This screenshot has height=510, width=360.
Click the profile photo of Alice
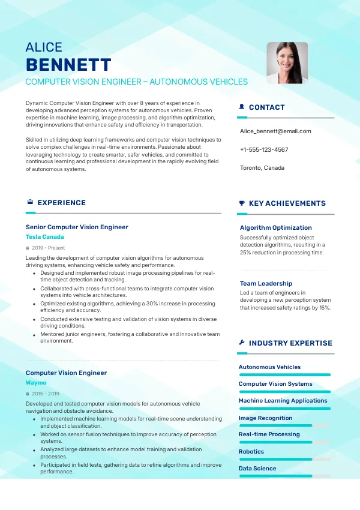pyautogui.click(x=287, y=62)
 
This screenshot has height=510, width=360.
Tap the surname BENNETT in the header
pyautogui.click(x=68, y=65)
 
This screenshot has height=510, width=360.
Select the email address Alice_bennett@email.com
pyautogui.click(x=275, y=131)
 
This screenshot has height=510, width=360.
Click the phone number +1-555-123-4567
pyautogui.click(x=264, y=149)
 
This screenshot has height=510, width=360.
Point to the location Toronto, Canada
pyautogui.click(x=262, y=167)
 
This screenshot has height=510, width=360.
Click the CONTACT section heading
pyautogui.click(x=266, y=107)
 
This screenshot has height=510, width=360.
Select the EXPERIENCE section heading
pyautogui.click(x=61, y=203)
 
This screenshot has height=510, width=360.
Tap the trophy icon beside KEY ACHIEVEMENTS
pyautogui.click(x=242, y=203)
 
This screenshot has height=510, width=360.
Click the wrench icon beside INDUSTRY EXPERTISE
pyautogui.click(x=242, y=343)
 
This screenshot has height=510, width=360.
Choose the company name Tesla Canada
pyautogui.click(x=45, y=237)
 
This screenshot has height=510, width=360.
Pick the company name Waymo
pyautogui.click(x=36, y=382)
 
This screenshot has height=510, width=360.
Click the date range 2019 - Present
pyautogui.click(x=48, y=248)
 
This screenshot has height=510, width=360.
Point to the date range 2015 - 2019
pyautogui.click(x=45, y=394)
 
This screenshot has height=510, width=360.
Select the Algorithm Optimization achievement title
pyautogui.click(x=276, y=228)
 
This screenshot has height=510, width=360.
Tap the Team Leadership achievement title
pyautogui.click(x=266, y=283)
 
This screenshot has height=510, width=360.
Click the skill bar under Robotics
pyautogui.click(x=284, y=459)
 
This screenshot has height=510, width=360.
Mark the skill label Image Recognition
pyautogui.click(x=265, y=418)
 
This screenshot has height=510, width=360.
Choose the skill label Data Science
pyautogui.click(x=257, y=469)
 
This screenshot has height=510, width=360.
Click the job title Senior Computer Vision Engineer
pyautogui.click(x=77, y=227)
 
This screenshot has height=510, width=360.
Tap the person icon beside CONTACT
pyautogui.click(x=242, y=107)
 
